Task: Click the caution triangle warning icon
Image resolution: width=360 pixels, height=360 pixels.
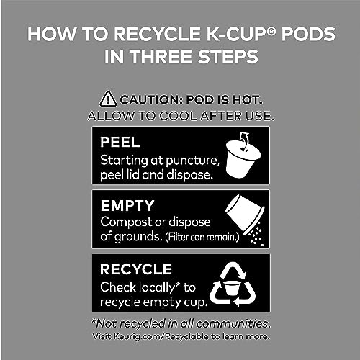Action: pyautogui.click(x=108, y=99)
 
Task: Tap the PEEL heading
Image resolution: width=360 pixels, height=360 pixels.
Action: pyautogui.click(x=120, y=142)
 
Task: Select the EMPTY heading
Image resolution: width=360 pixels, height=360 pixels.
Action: pyautogui.click(x=127, y=206)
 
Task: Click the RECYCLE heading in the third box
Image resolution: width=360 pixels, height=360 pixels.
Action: pyautogui.click(x=136, y=269)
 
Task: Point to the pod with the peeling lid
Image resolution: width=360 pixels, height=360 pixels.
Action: pyautogui.click(x=243, y=156)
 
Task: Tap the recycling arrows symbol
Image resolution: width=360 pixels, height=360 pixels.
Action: pyautogui.click(x=233, y=284)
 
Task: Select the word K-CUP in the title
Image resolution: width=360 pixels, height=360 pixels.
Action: pyautogui.click(x=237, y=34)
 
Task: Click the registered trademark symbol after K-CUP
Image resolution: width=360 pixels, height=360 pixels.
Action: pyautogui.click(x=271, y=30)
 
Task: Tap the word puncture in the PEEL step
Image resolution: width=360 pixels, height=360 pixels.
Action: pyautogui.click(x=193, y=161)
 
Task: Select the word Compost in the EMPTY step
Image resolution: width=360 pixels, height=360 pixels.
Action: pyautogui.click(x=127, y=222)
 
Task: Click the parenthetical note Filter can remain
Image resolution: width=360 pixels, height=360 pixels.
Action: pyautogui.click(x=202, y=237)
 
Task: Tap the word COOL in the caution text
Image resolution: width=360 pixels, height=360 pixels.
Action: pyautogui.click(x=178, y=116)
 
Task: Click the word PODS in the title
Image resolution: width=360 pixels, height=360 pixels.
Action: pyautogui.click(x=308, y=34)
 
